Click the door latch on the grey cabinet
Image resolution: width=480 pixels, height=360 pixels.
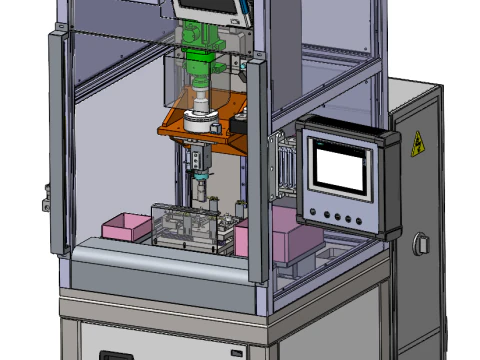(x=422, y=243)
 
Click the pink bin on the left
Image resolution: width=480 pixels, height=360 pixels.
(x=125, y=225)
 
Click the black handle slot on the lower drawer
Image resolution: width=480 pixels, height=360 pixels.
(x=118, y=355)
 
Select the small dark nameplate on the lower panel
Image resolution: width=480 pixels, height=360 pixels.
(x=235, y=353)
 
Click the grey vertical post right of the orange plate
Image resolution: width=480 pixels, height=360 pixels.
(x=256, y=160)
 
